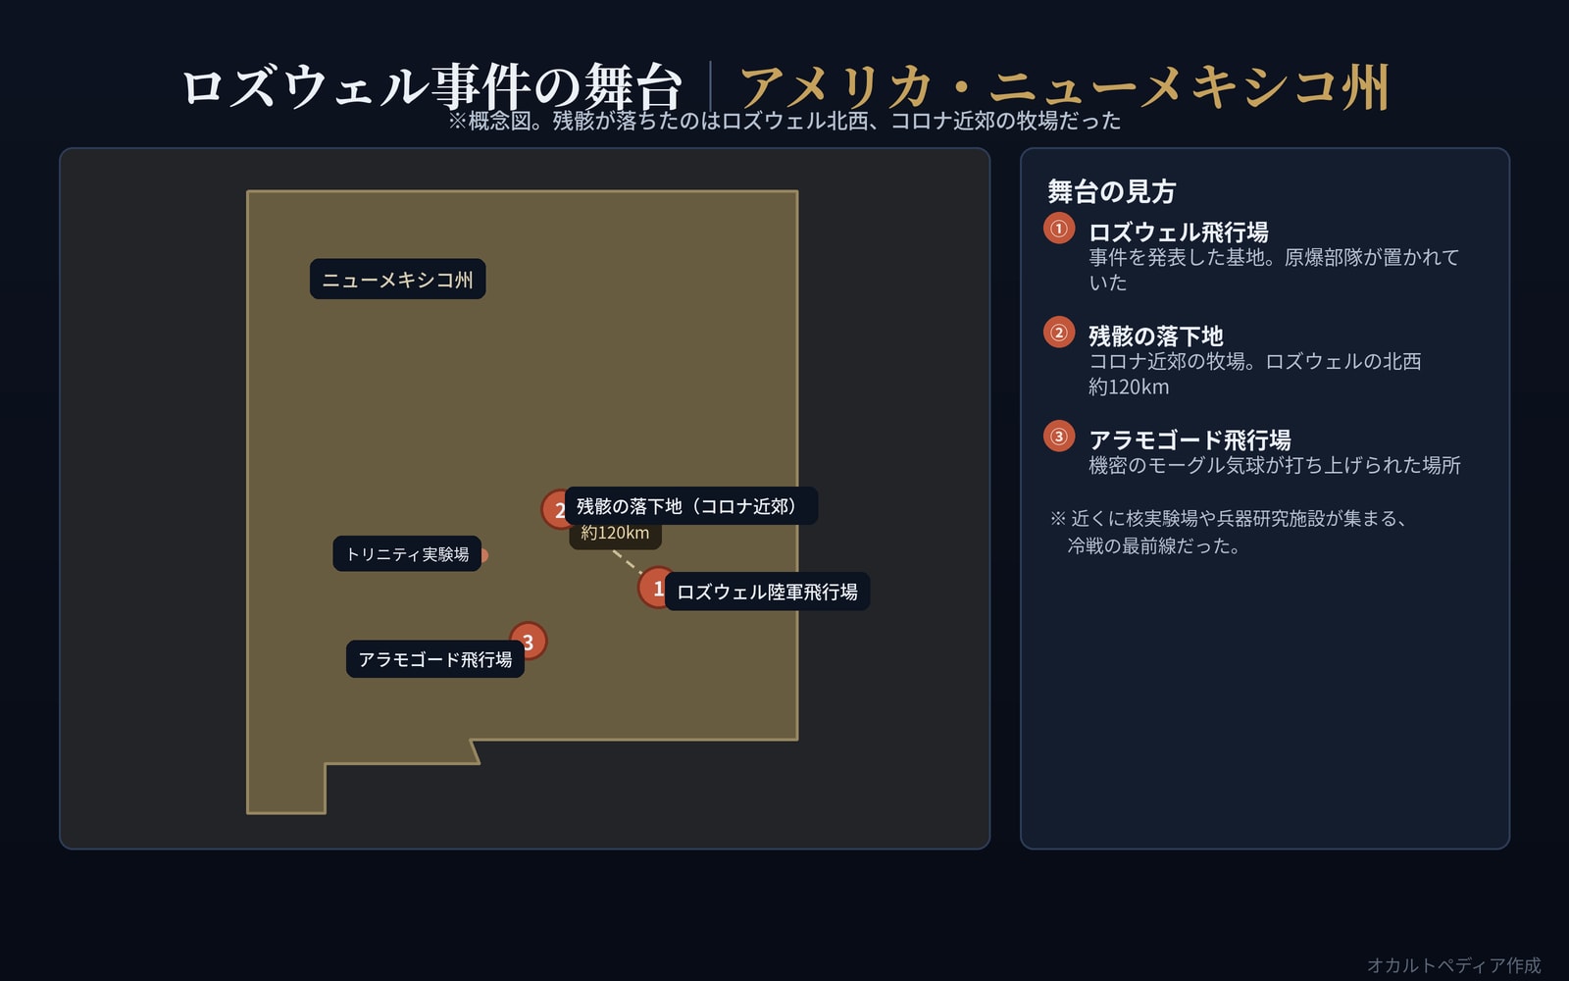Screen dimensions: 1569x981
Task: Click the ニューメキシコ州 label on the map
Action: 397,279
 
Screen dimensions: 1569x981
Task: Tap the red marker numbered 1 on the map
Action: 657,588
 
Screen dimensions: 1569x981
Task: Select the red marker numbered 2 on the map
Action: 559,509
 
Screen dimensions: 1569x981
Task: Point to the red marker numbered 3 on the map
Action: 529,641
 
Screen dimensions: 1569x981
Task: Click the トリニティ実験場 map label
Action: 407,553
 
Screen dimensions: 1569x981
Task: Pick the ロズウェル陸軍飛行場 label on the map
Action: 767,592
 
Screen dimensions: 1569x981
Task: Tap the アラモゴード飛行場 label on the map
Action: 435,658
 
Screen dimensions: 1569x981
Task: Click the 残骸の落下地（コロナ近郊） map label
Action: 690,506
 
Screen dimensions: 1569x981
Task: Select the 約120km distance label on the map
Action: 615,534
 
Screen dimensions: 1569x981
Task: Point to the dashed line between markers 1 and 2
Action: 627,562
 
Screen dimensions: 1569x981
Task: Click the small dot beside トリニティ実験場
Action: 484,555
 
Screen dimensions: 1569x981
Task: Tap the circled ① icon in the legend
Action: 1059,229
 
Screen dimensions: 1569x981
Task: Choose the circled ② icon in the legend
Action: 1059,333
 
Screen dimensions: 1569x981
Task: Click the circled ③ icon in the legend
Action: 1059,437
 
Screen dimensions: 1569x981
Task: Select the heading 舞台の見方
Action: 1112,191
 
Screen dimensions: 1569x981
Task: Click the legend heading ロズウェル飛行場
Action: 1178,232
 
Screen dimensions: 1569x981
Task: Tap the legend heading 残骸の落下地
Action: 1156,336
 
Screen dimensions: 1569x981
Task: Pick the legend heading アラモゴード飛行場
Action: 1189,440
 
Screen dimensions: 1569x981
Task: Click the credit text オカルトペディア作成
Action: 1454,965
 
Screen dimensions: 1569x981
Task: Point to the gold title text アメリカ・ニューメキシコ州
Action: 1065,87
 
